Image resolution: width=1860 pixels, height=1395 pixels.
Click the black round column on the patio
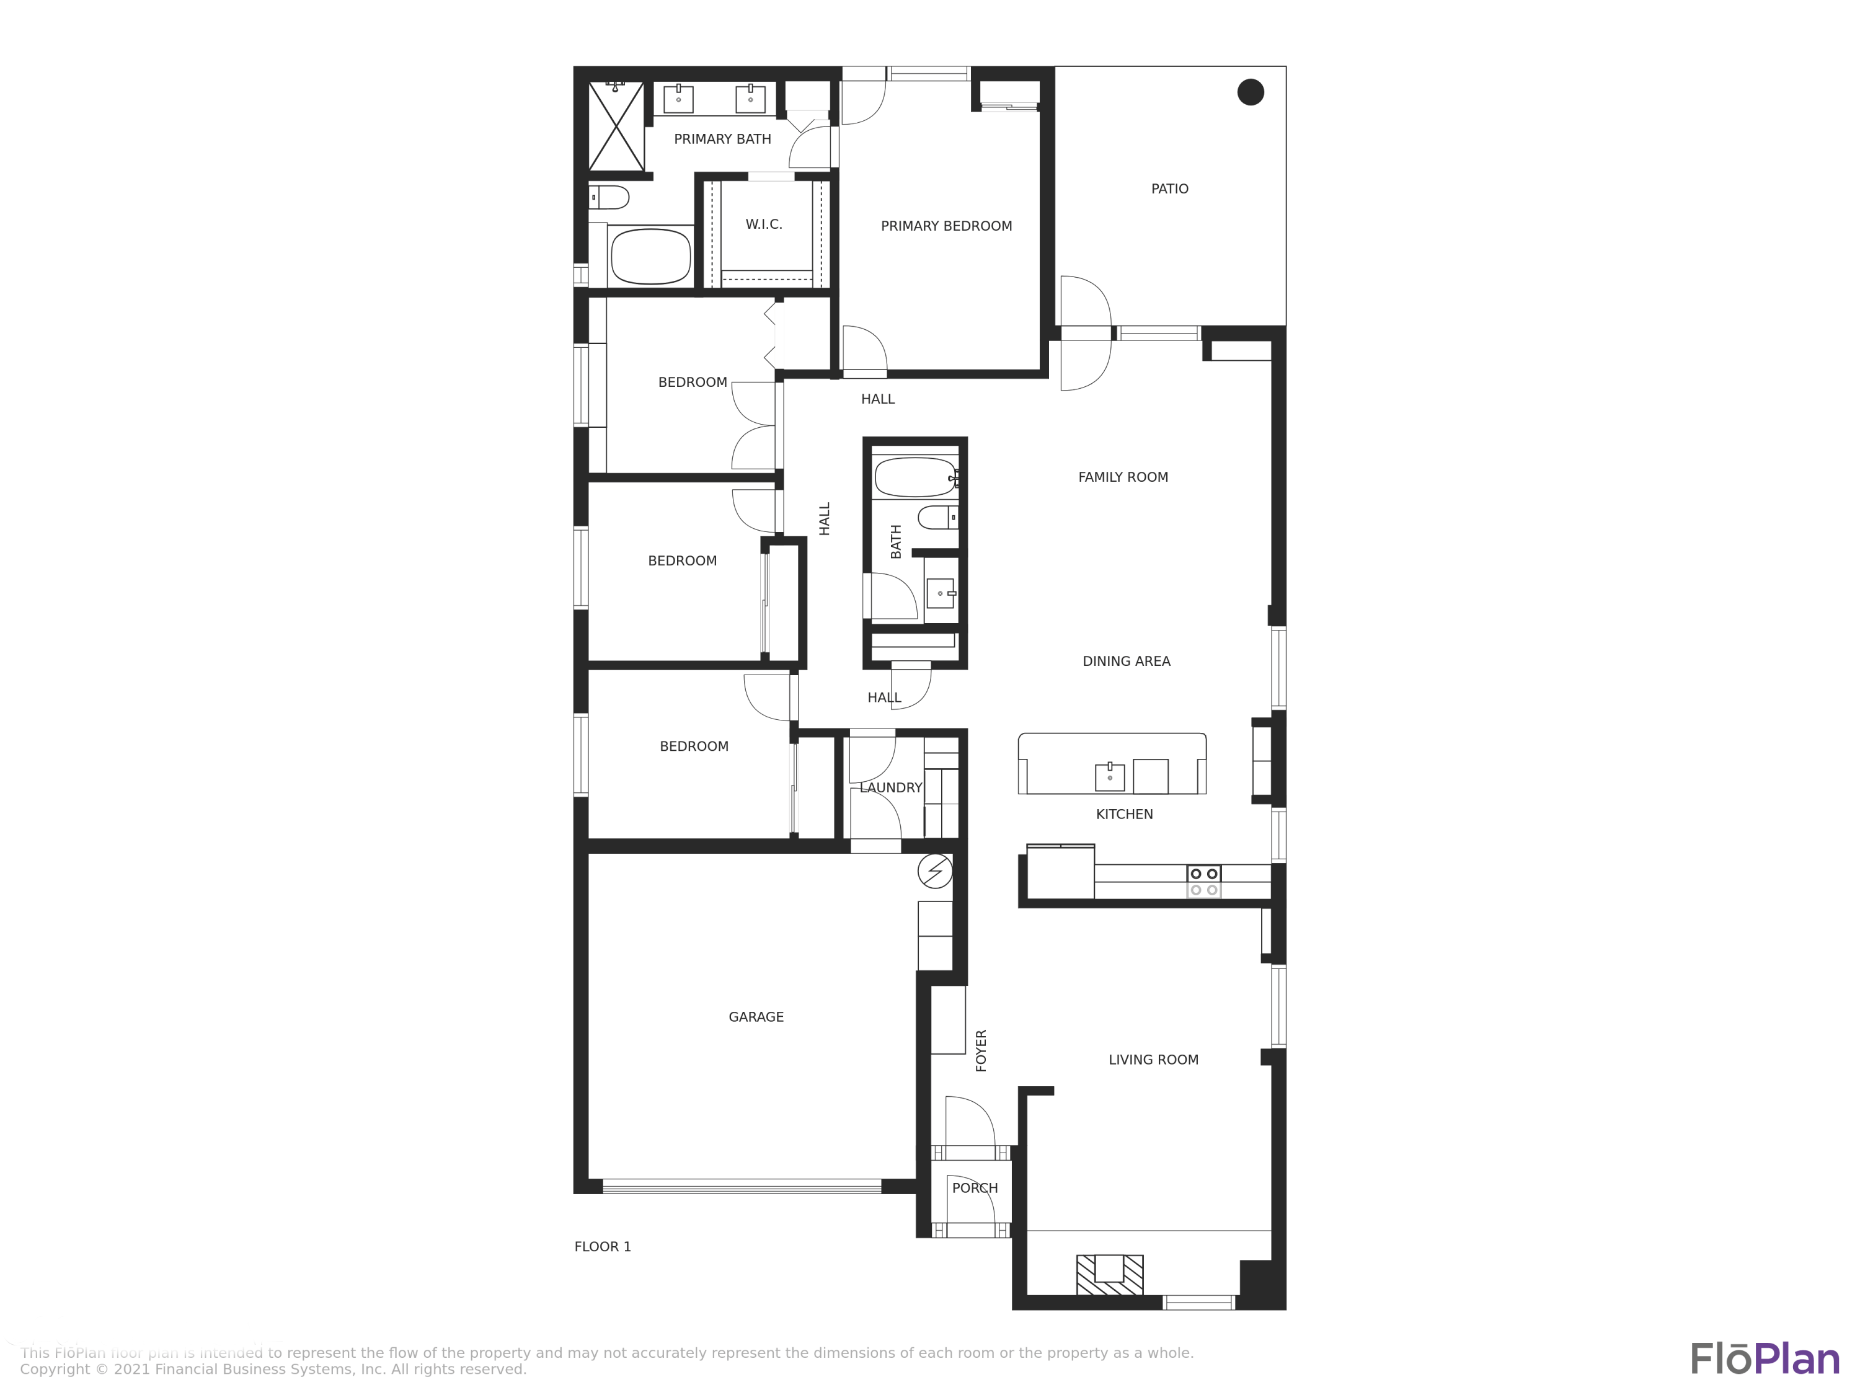tap(1251, 92)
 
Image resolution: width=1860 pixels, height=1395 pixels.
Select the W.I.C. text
tap(763, 224)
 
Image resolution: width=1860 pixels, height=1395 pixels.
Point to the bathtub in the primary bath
tap(650, 257)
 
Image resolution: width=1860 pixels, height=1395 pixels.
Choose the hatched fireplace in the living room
tap(1109, 1274)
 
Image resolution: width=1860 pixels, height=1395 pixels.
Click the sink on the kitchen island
tap(1109, 777)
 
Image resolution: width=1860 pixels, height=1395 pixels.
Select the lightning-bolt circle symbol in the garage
tap(935, 871)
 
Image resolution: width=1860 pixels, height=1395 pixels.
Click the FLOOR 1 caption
tap(602, 1247)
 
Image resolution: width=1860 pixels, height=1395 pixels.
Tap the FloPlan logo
tap(1764, 1359)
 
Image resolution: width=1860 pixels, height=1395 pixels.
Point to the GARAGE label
tap(756, 1017)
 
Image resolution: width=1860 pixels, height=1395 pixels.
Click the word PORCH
tap(975, 1188)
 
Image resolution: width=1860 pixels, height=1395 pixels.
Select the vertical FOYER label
tap(980, 1050)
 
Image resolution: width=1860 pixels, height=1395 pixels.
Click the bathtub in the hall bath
tap(915, 477)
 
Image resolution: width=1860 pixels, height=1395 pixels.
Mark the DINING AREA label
tap(1126, 662)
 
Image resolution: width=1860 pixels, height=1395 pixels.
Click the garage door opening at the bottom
tap(742, 1187)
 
